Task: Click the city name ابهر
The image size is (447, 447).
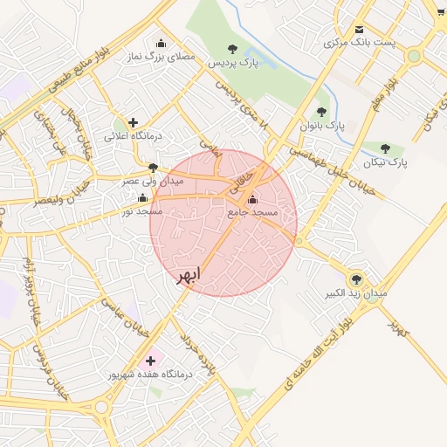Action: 188,275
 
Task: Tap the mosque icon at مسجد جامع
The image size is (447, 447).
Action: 253,198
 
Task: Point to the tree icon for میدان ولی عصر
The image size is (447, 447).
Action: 154,167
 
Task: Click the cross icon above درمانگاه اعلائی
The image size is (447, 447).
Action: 132,122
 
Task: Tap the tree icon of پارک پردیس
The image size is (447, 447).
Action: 231,49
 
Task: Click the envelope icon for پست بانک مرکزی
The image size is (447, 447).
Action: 360,28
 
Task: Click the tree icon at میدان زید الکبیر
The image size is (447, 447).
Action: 354,279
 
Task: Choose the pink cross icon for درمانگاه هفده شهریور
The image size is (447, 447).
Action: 149,359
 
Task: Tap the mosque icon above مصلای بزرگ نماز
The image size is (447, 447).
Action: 160,43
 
